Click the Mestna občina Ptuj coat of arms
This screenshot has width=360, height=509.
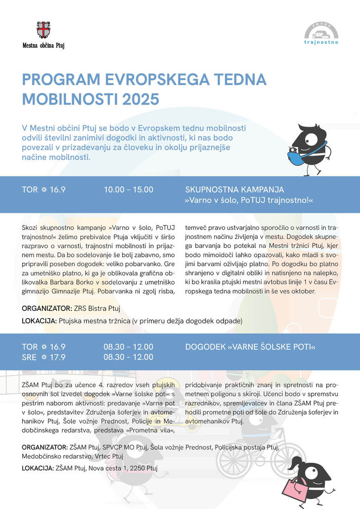[43, 30]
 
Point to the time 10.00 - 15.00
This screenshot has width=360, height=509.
[128, 190]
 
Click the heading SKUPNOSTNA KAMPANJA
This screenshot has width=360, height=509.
[235, 190]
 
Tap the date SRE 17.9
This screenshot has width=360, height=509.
[43, 357]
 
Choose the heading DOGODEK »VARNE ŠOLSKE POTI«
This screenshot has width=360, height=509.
[250, 347]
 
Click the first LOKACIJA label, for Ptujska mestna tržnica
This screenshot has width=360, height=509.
[39, 321]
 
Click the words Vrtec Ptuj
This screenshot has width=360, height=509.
[110, 456]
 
